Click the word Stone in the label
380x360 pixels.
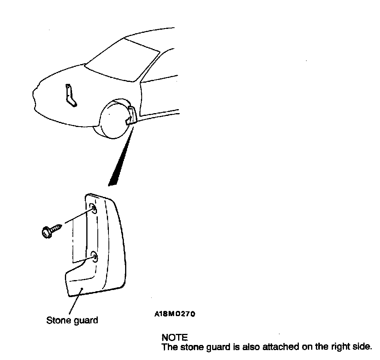58,320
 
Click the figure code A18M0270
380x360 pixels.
175,315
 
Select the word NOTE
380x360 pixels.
175,337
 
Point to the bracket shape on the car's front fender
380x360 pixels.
70,95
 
